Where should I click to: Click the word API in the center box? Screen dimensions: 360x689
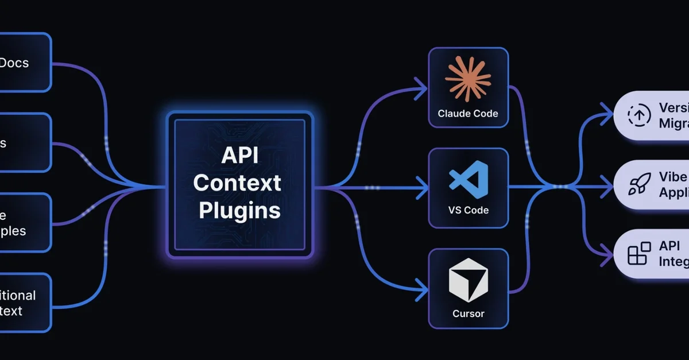tap(239, 156)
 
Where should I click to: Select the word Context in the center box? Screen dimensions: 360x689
tap(237, 183)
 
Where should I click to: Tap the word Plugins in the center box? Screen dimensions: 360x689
tap(239, 211)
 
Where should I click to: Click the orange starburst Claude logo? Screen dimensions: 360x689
tap(468, 79)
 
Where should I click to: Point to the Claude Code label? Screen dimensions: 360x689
tap(468, 113)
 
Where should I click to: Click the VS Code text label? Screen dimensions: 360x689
tap(468, 210)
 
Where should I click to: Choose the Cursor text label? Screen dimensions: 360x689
tap(468, 313)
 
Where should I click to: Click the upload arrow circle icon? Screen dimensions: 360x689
tap(638, 115)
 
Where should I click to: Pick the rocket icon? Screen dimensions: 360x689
tap(639, 184)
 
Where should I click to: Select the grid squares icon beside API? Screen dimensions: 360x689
tap(639, 253)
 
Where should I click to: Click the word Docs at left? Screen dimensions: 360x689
tap(14, 63)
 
